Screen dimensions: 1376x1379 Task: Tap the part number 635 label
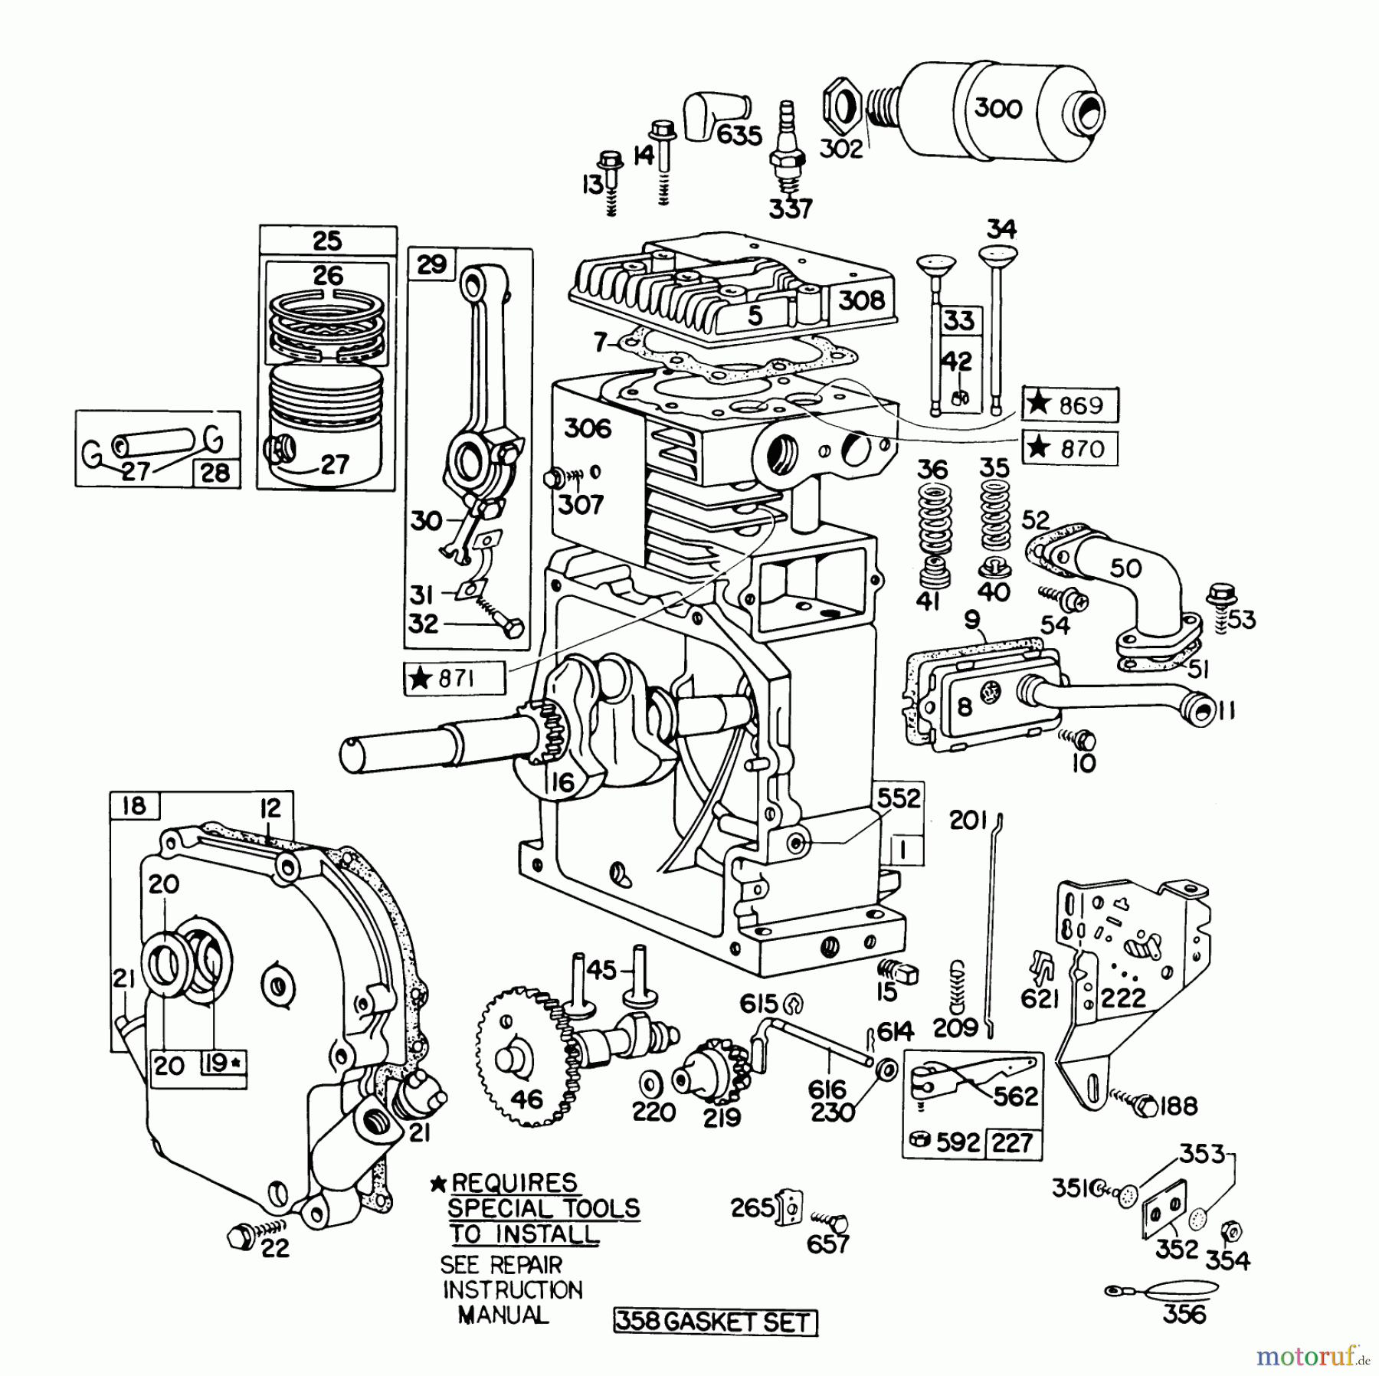point(739,136)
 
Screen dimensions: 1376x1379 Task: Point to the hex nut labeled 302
point(840,107)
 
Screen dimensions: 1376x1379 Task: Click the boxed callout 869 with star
point(1069,404)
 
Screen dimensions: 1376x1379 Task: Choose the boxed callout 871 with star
point(454,678)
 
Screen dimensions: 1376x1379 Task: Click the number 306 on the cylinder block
point(588,429)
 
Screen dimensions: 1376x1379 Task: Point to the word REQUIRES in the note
point(513,1182)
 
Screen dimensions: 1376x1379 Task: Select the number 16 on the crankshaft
point(562,781)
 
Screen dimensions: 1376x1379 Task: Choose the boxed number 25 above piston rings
point(327,241)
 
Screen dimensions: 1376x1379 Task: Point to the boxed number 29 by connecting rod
point(431,265)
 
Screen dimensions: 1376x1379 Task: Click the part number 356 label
point(1184,1315)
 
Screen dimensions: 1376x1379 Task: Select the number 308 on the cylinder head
point(861,301)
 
